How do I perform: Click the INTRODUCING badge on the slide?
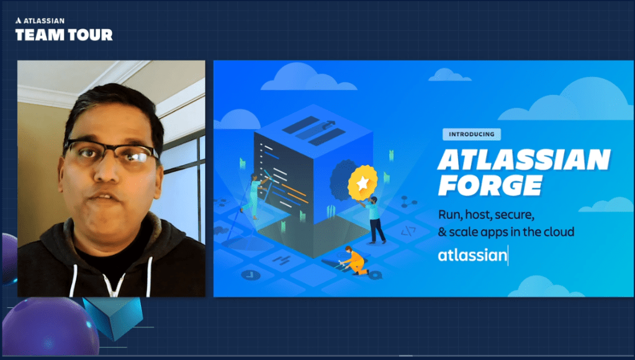click(471, 134)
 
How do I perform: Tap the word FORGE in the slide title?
click(490, 185)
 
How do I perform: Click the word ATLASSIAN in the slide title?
click(524, 160)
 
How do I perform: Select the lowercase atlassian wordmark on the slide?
click(472, 255)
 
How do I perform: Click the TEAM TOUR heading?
click(64, 35)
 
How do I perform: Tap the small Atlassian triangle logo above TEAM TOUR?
click(18, 20)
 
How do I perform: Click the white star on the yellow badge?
click(363, 183)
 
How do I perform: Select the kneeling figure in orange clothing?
click(353, 261)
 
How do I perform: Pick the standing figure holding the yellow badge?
click(375, 221)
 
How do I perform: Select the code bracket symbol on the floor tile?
click(408, 232)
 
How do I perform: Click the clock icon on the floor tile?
click(251, 275)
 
